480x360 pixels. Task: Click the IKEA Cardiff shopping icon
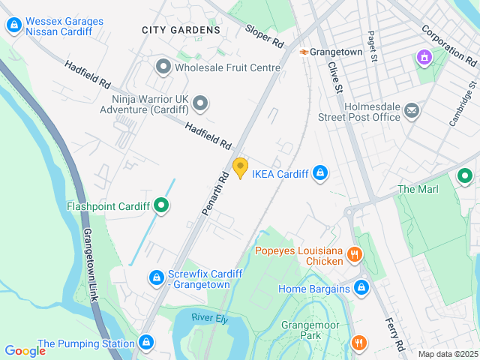320,173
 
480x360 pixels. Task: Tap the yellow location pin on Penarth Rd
240,168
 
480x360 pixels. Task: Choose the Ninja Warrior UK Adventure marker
199,103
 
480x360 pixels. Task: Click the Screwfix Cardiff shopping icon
156,278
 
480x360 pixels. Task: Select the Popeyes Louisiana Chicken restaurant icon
355,256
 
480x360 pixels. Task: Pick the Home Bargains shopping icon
361,288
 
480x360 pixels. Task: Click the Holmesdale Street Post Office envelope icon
412,111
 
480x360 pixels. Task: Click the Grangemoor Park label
310,331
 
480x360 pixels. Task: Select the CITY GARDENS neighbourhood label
181,30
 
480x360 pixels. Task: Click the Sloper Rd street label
264,34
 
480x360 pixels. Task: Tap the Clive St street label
335,79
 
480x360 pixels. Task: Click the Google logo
25,350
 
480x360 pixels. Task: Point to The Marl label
418,189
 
